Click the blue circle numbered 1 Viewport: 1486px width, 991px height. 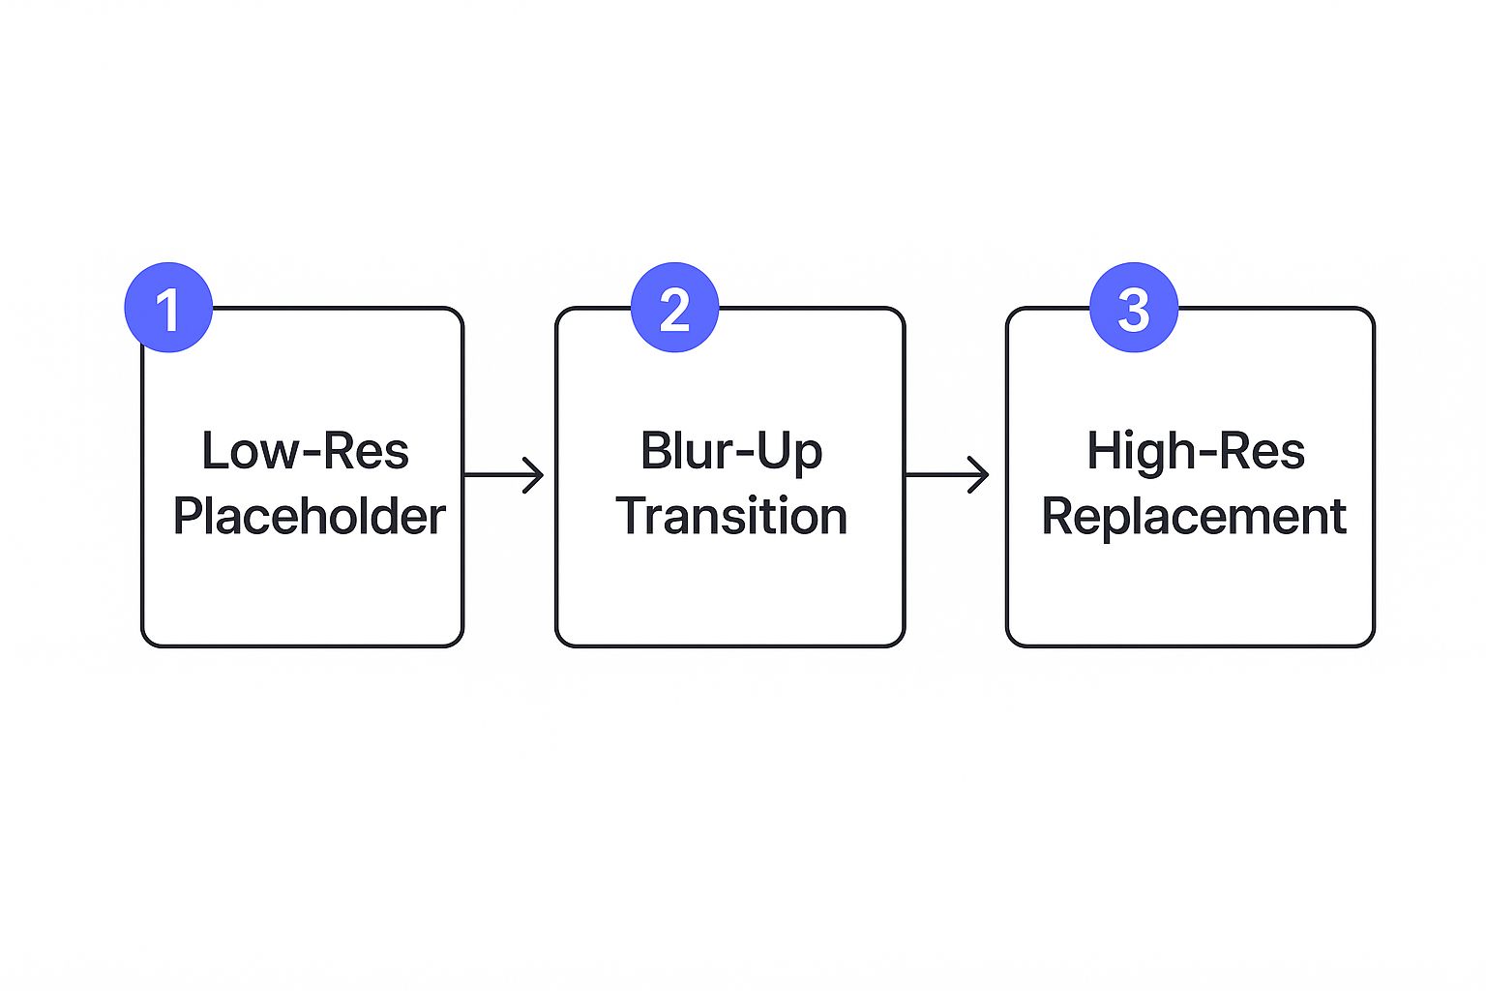(x=168, y=308)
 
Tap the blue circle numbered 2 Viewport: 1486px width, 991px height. (x=674, y=308)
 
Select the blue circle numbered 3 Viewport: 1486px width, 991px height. (x=1134, y=308)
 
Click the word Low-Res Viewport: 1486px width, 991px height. (x=305, y=451)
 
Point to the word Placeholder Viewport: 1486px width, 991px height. (x=309, y=516)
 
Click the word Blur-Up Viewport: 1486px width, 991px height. (x=731, y=451)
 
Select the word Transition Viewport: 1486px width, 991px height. (x=731, y=516)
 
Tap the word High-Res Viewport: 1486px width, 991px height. (x=1196, y=451)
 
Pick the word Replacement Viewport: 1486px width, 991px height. (x=1194, y=516)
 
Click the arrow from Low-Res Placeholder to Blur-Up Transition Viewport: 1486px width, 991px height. (x=503, y=475)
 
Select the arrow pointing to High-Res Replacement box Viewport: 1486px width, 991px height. (x=946, y=475)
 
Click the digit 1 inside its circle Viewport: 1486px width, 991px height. (x=168, y=311)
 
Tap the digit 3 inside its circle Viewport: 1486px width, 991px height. (x=1134, y=311)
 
